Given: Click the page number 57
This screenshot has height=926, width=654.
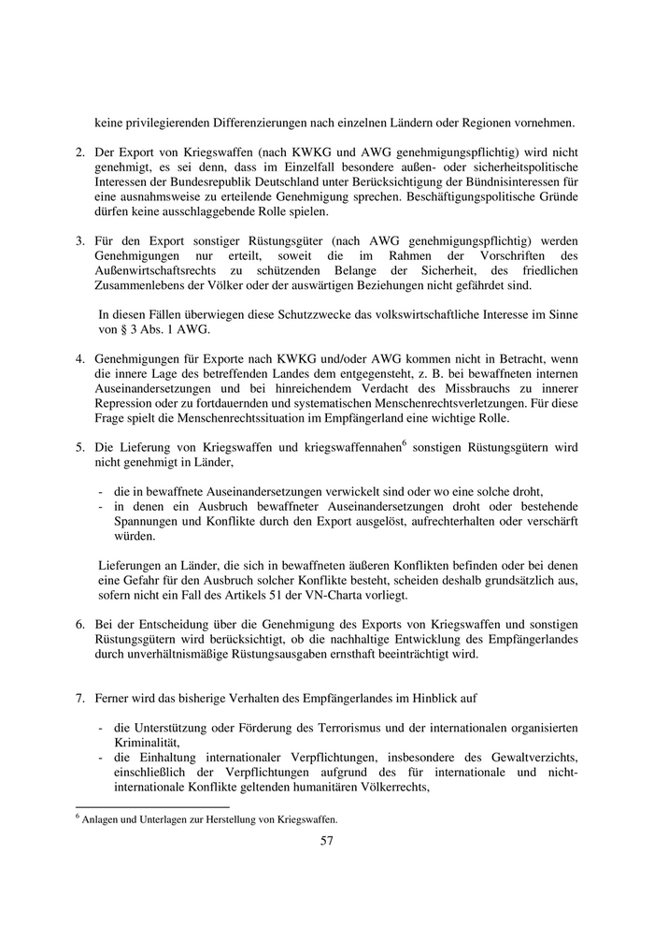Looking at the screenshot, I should (x=327, y=840).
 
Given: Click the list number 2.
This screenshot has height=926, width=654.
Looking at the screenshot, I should (x=80, y=152).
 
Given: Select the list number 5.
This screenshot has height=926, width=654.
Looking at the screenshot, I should (x=80, y=447).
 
